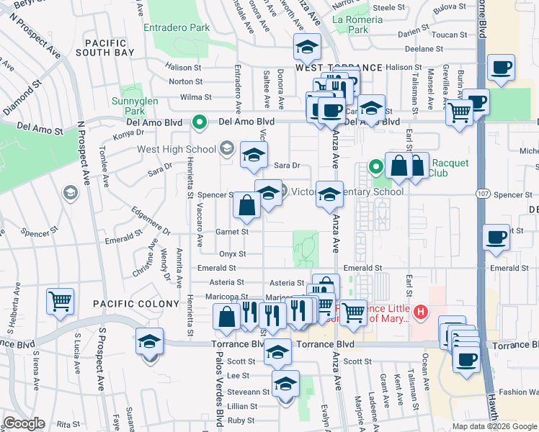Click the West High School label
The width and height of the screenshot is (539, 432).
177,150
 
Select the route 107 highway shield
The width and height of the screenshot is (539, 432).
483,194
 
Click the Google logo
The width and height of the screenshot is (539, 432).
24,423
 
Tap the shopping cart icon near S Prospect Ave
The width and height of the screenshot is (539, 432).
60,300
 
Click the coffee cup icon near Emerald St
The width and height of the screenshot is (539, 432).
496,237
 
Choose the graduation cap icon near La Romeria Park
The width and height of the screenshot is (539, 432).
307,47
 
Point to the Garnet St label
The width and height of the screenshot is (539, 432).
232,232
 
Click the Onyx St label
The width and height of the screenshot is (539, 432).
232,253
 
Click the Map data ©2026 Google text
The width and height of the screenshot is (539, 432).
494,426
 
